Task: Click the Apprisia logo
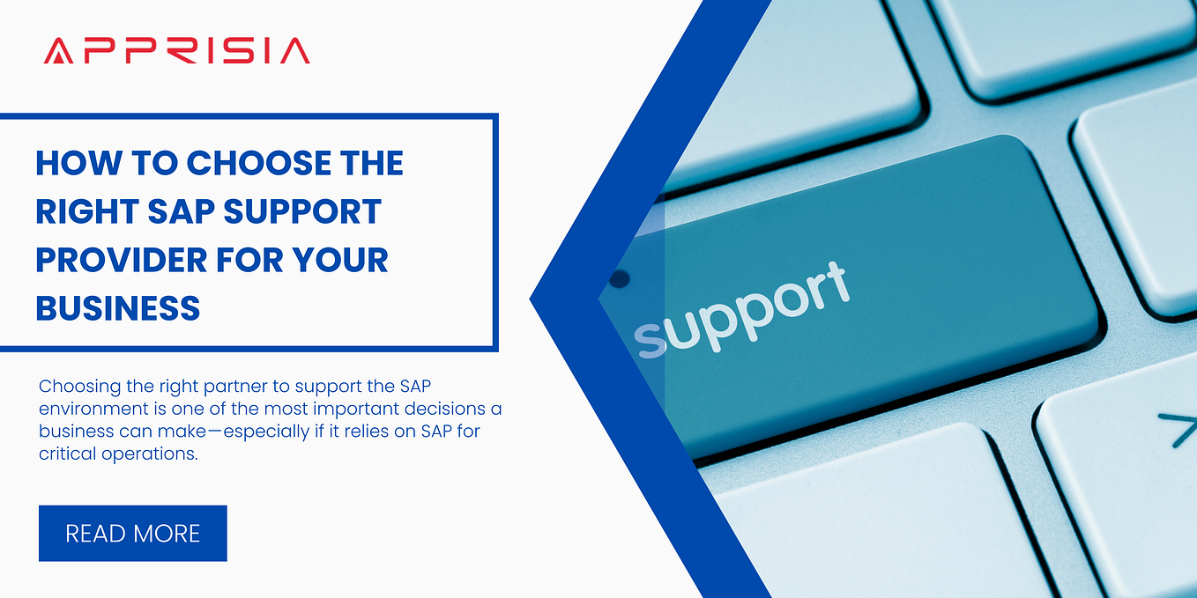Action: point(176,50)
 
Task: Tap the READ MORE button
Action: point(133,533)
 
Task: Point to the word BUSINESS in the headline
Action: point(118,309)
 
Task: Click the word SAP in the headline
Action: point(179,212)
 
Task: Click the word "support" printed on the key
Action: point(742,308)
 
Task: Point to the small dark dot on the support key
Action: point(620,279)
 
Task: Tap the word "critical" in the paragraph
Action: point(64,454)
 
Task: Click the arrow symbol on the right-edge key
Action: point(1176,429)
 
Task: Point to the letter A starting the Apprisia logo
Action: point(56,50)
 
